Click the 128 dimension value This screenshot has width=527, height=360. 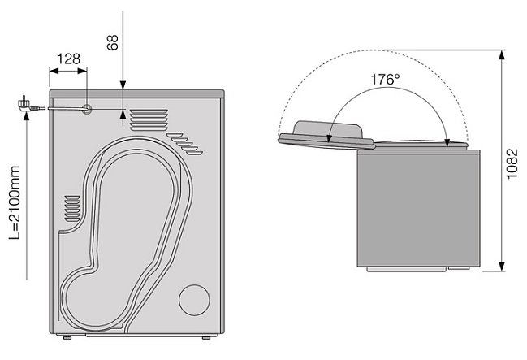click(x=68, y=59)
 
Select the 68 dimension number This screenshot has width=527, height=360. click(x=113, y=42)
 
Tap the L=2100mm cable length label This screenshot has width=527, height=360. click(x=15, y=202)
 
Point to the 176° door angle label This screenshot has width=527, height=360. click(x=385, y=80)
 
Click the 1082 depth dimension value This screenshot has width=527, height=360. click(x=512, y=164)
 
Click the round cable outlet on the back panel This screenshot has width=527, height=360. click(x=87, y=109)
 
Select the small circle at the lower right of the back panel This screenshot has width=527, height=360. click(x=194, y=300)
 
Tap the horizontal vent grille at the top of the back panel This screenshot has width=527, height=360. click(x=149, y=119)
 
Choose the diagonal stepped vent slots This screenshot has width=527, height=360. click(x=184, y=144)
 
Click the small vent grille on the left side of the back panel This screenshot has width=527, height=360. click(x=72, y=209)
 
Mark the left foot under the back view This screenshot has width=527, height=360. click(x=67, y=337)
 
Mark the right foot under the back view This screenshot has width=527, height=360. click(x=206, y=337)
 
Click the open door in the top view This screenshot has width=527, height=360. click(x=326, y=135)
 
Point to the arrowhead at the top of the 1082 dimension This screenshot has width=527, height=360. click(x=502, y=54)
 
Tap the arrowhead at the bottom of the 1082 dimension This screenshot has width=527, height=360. click(x=502, y=267)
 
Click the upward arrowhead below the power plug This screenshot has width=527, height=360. click(x=27, y=116)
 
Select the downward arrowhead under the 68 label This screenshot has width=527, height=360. click(x=123, y=85)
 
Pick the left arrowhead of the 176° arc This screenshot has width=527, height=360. click(x=330, y=138)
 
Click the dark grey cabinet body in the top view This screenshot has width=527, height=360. click(x=418, y=209)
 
